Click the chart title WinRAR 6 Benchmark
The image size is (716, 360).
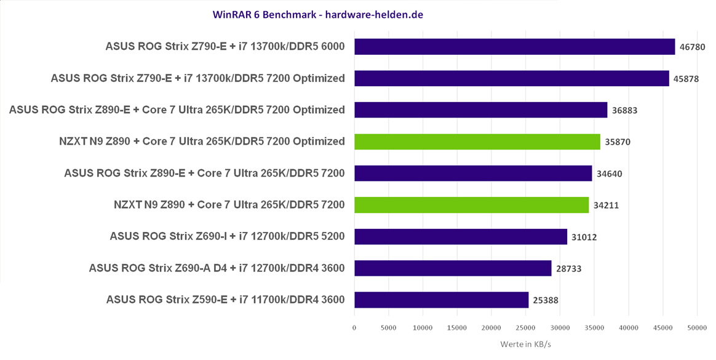click(317, 14)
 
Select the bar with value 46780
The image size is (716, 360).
click(514, 47)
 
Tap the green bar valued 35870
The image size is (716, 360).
click(477, 142)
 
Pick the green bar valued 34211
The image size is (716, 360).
click(471, 205)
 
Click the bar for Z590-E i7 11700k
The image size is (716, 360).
click(441, 300)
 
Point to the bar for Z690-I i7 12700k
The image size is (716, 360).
click(460, 236)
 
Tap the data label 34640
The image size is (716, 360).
click(609, 174)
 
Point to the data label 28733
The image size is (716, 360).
click(568, 268)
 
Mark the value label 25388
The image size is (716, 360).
click(546, 300)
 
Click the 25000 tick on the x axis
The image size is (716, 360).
click(525, 328)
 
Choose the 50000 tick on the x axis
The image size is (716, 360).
click(696, 328)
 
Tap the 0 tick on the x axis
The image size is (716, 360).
click(354, 328)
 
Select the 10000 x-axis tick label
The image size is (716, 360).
click(423, 328)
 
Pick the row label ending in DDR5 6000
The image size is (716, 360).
click(225, 47)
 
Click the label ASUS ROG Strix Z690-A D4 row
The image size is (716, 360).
click(217, 268)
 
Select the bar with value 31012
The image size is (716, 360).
click(460, 236)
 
